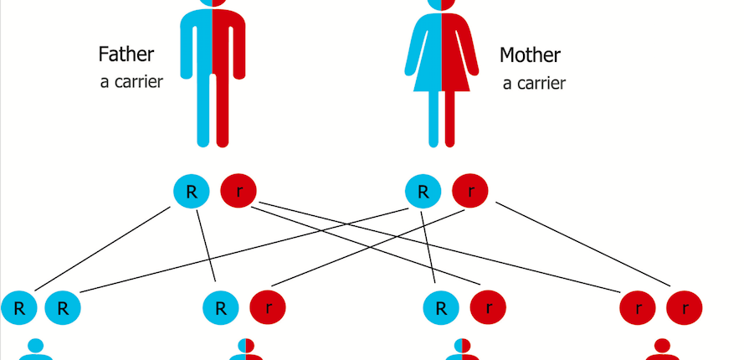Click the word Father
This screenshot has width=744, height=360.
click(126, 54)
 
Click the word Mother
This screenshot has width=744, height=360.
click(530, 55)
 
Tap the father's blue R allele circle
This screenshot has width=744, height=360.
click(191, 191)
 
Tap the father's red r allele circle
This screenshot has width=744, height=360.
click(239, 191)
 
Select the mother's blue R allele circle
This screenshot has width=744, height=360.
click(423, 191)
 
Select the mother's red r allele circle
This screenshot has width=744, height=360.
click(470, 191)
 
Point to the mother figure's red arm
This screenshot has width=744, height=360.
click(469, 51)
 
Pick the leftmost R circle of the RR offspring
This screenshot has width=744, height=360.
click(19, 308)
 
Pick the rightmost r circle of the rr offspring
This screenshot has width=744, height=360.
click(685, 308)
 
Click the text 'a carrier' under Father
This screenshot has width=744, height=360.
click(131, 82)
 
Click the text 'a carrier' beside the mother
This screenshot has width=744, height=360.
click(534, 84)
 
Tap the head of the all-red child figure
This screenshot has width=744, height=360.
click(662, 345)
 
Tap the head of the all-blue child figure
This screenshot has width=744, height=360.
click(36, 345)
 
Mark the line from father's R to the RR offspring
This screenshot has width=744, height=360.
click(102, 249)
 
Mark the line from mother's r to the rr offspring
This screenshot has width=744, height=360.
click(583, 244)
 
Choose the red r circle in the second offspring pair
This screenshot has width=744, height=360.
click(268, 308)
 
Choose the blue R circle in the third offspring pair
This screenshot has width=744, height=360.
click(441, 308)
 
